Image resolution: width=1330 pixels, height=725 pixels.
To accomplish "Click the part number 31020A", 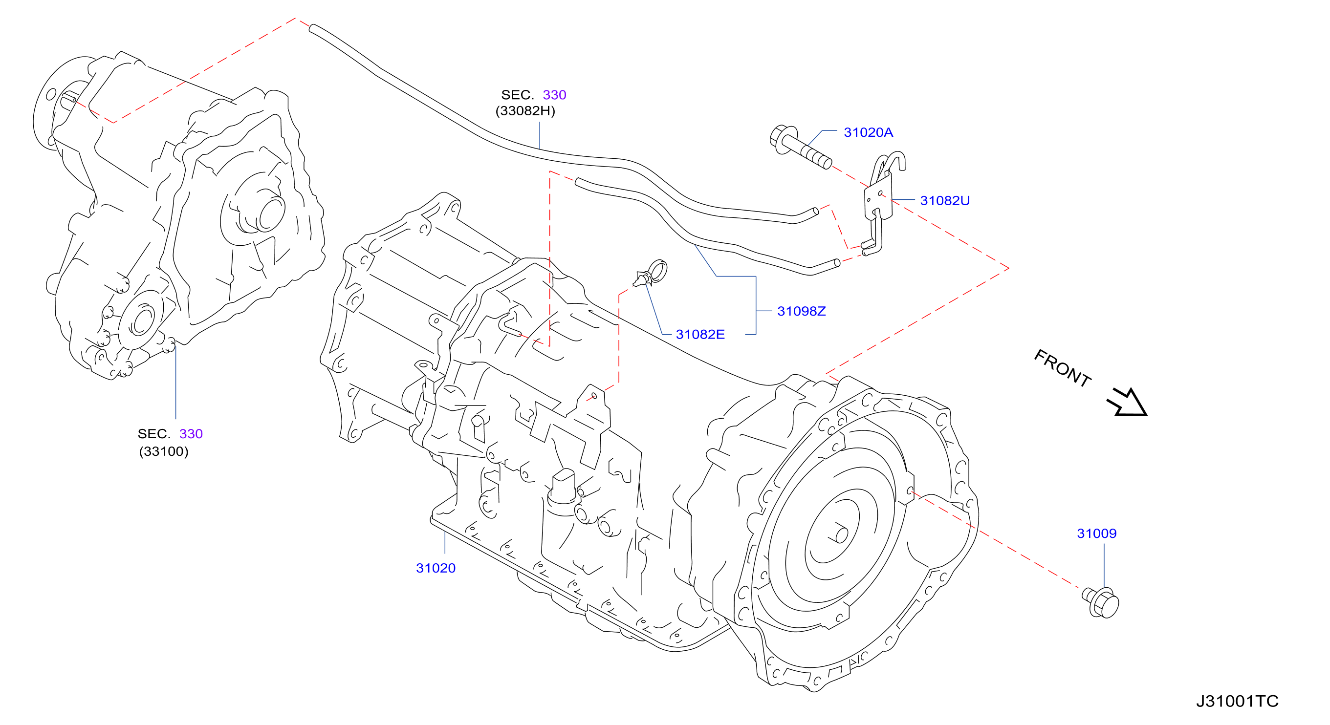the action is click(x=868, y=132).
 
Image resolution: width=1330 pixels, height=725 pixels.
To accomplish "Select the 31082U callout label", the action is click(x=945, y=201).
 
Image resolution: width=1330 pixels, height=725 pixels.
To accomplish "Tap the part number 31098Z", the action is click(x=801, y=311).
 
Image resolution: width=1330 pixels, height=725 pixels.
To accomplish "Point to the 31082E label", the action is click(x=700, y=334).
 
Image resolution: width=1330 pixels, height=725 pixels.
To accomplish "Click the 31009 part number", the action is click(x=1097, y=533).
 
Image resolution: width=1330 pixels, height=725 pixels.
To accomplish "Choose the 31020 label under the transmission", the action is click(x=436, y=568).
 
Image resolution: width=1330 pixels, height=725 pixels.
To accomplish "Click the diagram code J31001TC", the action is click(x=1237, y=701).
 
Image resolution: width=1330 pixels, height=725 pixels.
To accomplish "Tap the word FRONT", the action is click(x=1062, y=368).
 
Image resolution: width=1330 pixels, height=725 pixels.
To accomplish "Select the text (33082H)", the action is click(x=525, y=111).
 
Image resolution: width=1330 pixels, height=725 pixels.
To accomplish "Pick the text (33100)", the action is click(x=164, y=451).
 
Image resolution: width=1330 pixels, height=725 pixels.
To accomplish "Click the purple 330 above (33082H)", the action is click(x=554, y=95).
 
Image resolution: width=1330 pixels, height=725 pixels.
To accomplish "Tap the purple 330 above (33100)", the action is click(x=191, y=434).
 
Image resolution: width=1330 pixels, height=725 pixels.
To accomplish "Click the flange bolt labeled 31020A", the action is click(x=800, y=147).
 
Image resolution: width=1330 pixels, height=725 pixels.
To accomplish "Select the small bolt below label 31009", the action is click(x=1101, y=603).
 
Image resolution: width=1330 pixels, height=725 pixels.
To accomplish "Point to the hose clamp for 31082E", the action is click(x=652, y=273).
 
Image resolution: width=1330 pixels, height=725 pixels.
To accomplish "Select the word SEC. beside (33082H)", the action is click(x=517, y=95).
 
